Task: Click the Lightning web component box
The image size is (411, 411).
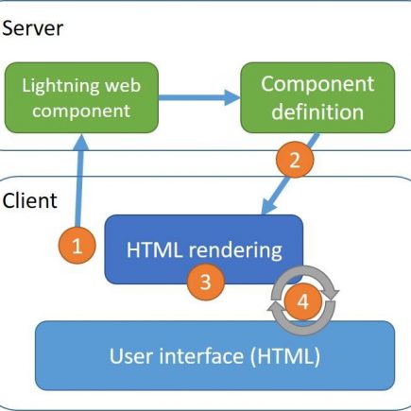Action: tap(81, 97)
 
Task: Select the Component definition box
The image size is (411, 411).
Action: tap(317, 97)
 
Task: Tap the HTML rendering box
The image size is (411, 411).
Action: tap(204, 249)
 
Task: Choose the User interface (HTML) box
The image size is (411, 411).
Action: tap(214, 355)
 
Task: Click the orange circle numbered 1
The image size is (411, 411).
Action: tap(77, 246)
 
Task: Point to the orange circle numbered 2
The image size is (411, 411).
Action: tap(295, 160)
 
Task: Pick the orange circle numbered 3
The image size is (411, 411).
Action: tap(206, 282)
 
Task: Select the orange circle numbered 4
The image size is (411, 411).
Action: tap(303, 301)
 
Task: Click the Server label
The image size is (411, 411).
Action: tap(33, 28)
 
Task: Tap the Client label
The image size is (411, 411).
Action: tap(29, 200)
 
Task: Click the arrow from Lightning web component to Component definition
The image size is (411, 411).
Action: tap(199, 97)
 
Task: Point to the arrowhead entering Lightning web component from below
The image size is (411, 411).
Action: tap(82, 142)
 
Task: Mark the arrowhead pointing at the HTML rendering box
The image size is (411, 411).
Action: tap(268, 206)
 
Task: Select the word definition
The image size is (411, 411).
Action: tap(317, 111)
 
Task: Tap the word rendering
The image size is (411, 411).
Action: tap(235, 251)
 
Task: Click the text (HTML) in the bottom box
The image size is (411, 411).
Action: tap(285, 356)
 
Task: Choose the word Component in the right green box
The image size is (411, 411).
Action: tap(317, 84)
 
